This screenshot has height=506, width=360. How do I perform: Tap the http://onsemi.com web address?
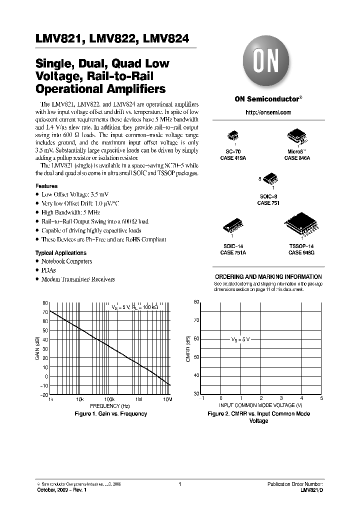(268, 112)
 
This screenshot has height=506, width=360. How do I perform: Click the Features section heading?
(46, 186)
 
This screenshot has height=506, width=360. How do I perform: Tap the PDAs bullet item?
(48, 270)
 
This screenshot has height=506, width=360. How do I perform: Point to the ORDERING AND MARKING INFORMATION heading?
(268, 276)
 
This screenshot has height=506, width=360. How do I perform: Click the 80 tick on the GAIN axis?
(45, 303)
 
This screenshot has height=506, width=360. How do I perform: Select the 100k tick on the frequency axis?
(109, 400)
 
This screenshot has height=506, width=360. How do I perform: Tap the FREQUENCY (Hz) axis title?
(110, 406)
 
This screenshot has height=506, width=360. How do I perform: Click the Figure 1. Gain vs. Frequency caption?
(110, 413)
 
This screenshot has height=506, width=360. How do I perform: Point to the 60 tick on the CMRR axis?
(196, 338)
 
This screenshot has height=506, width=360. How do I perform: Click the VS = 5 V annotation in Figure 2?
(239, 339)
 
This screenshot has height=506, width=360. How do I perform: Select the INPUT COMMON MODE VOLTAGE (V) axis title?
(261, 404)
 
